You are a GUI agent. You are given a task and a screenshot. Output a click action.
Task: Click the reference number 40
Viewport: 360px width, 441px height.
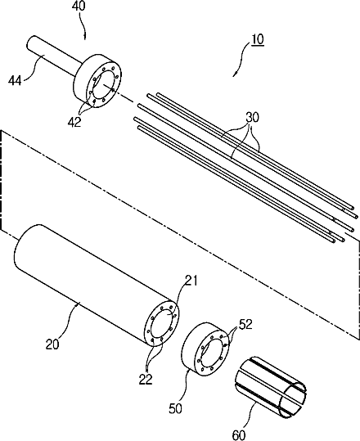point(79,7)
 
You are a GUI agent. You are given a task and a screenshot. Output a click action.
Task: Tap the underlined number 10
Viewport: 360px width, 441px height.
point(258,39)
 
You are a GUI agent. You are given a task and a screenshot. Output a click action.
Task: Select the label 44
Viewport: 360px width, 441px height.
point(15,81)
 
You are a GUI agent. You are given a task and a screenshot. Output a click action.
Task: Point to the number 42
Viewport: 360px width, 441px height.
point(74,122)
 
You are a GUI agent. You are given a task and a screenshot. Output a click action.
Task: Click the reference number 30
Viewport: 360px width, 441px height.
point(252,118)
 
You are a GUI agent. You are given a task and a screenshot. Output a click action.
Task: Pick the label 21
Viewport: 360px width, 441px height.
point(191,281)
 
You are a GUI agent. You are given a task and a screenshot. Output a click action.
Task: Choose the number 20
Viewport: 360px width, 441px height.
point(52,344)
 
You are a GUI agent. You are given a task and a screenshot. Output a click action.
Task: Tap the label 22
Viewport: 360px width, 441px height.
point(146,379)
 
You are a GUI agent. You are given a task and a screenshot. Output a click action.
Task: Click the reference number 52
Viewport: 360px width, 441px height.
point(245,326)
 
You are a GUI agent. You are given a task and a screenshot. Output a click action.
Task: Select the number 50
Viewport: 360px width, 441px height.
point(175,408)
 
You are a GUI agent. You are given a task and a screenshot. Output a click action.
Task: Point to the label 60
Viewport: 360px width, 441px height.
point(239,435)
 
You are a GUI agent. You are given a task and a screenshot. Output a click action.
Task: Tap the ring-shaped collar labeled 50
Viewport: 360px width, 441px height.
point(206,349)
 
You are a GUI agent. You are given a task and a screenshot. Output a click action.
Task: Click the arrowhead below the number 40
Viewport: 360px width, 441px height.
point(85,38)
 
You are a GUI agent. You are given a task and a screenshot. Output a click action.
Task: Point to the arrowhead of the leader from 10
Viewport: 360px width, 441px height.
point(235,74)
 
